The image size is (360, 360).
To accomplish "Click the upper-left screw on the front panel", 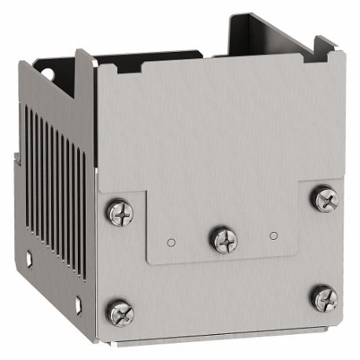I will (x=120, y=211).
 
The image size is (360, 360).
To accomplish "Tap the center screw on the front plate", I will (x=223, y=238).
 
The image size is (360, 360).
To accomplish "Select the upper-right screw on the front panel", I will (x=324, y=199).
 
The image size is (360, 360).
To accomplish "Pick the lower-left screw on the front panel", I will (x=120, y=312).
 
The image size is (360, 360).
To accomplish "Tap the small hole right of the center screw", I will (x=273, y=234).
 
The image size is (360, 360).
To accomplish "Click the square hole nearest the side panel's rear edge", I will (x=28, y=255).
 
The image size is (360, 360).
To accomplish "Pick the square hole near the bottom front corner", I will (x=79, y=301).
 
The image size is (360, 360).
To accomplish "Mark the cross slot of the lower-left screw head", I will (x=120, y=312).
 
